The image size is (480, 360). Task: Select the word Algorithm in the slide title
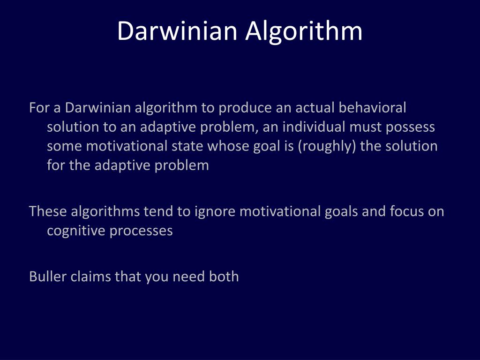pyautogui.click(x=304, y=31)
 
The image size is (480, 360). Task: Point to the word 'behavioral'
pyautogui.click(x=372, y=108)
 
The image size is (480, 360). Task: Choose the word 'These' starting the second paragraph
pyautogui.click(x=48, y=211)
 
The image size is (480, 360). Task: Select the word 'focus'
pyautogui.click(x=407, y=211)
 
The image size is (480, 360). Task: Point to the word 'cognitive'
pyautogui.click(x=76, y=231)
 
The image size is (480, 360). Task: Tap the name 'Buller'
pyautogui.click(x=48, y=277)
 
